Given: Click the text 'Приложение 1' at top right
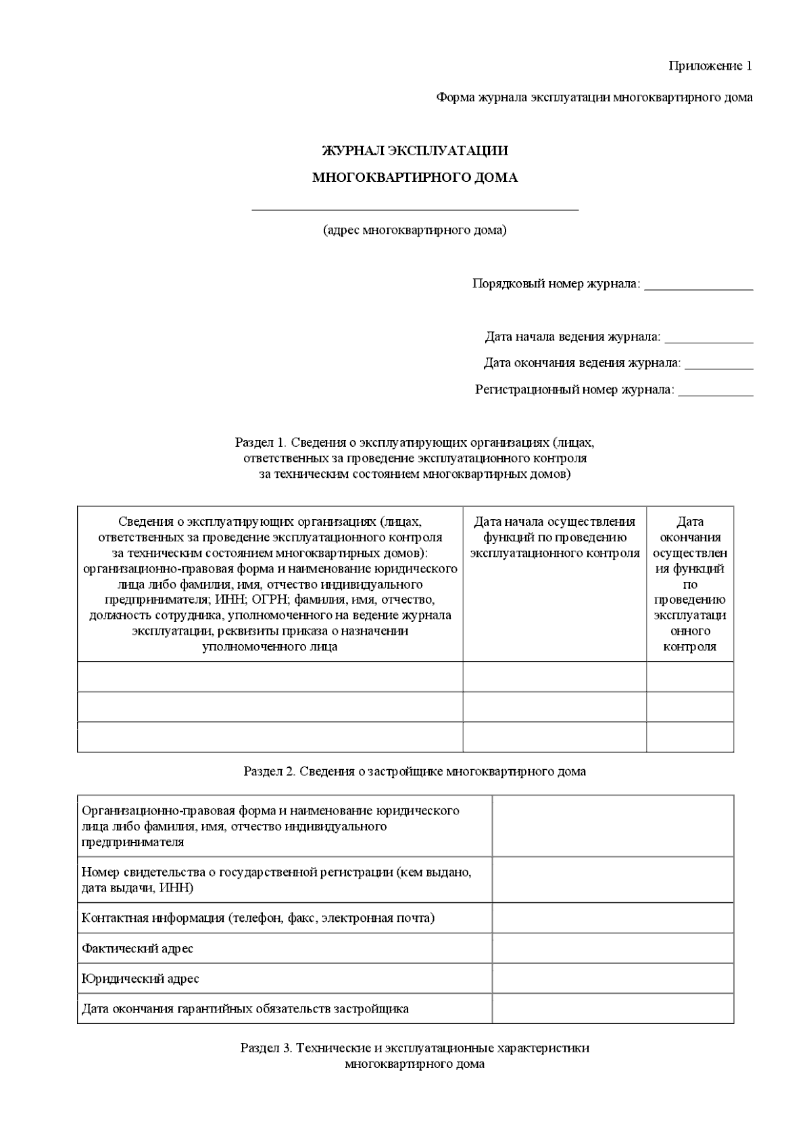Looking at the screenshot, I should pyautogui.click(x=710, y=66).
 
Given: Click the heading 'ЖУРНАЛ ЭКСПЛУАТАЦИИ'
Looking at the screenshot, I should pyautogui.click(x=414, y=151).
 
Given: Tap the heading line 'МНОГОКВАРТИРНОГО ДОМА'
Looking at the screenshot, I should pyautogui.click(x=414, y=178).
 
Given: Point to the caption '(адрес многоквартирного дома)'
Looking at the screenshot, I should pyautogui.click(x=414, y=230).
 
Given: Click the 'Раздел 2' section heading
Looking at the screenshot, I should pyautogui.click(x=414, y=771).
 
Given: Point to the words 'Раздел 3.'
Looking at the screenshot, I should pyautogui.click(x=266, y=1048).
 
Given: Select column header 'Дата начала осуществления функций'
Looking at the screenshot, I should pyautogui.click(x=554, y=537).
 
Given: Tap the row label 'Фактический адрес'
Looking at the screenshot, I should pyautogui.click(x=137, y=948).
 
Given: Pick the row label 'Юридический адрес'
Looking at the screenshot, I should pyautogui.click(x=140, y=979).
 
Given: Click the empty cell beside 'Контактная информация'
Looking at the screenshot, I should pyautogui.click(x=612, y=918).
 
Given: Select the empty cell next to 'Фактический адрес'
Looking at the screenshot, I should pyautogui.click(x=612, y=948).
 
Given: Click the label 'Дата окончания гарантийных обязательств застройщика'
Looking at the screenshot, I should pyautogui.click(x=245, y=1009).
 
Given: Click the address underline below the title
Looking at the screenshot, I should pyautogui.click(x=414, y=210).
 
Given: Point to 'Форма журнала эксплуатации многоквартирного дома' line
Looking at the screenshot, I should pyautogui.click(x=594, y=97).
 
